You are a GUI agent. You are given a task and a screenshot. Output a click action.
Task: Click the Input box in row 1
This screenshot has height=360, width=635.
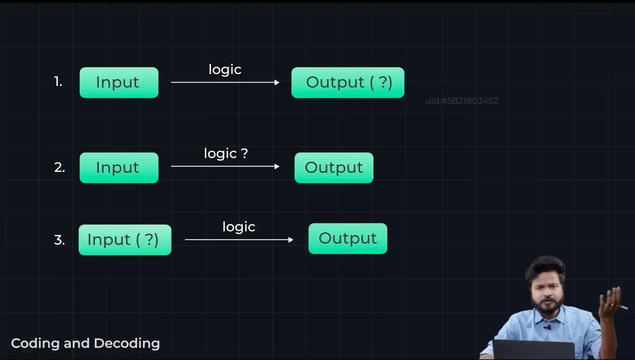(119, 82)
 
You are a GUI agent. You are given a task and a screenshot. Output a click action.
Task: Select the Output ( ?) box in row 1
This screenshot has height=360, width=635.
(347, 82)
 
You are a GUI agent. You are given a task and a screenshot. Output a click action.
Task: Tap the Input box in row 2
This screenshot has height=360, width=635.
(119, 167)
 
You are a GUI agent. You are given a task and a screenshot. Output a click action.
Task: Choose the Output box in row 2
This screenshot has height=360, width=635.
(334, 167)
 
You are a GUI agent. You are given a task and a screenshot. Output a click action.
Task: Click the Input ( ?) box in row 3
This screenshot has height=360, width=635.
(125, 240)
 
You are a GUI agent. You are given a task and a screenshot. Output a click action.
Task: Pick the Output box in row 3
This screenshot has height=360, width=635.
(347, 238)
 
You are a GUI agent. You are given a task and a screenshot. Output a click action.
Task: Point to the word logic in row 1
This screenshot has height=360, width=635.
(225, 70)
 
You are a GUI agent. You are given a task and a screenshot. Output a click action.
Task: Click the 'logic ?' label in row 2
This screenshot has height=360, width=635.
(226, 153)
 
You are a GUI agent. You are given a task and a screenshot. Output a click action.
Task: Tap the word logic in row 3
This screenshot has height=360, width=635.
(239, 227)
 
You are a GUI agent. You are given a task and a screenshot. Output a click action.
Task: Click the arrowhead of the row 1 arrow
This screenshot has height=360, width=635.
(277, 82)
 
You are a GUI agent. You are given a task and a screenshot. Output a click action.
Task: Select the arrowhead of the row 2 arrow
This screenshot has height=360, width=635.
(277, 166)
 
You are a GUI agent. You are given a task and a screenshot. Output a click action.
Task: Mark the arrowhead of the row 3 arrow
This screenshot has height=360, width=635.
(291, 240)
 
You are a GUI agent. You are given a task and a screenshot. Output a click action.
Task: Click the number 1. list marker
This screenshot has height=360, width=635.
(58, 82)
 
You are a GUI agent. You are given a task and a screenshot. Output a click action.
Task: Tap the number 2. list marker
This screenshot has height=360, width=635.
(60, 167)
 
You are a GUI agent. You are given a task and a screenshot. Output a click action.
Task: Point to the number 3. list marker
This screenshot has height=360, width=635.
(60, 240)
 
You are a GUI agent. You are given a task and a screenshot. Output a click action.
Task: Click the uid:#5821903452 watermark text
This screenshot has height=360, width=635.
(462, 101)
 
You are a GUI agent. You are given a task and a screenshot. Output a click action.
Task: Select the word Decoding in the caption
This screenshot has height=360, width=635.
(127, 344)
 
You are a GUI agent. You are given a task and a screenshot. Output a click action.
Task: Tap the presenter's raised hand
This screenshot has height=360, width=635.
(610, 302)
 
